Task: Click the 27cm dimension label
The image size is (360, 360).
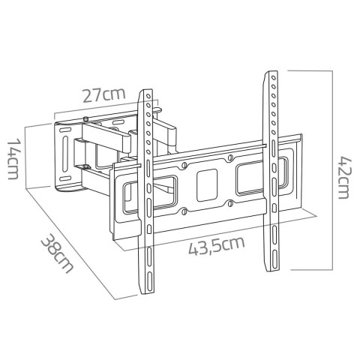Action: tap(103, 96)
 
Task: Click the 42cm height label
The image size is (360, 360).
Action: tap(343, 176)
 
